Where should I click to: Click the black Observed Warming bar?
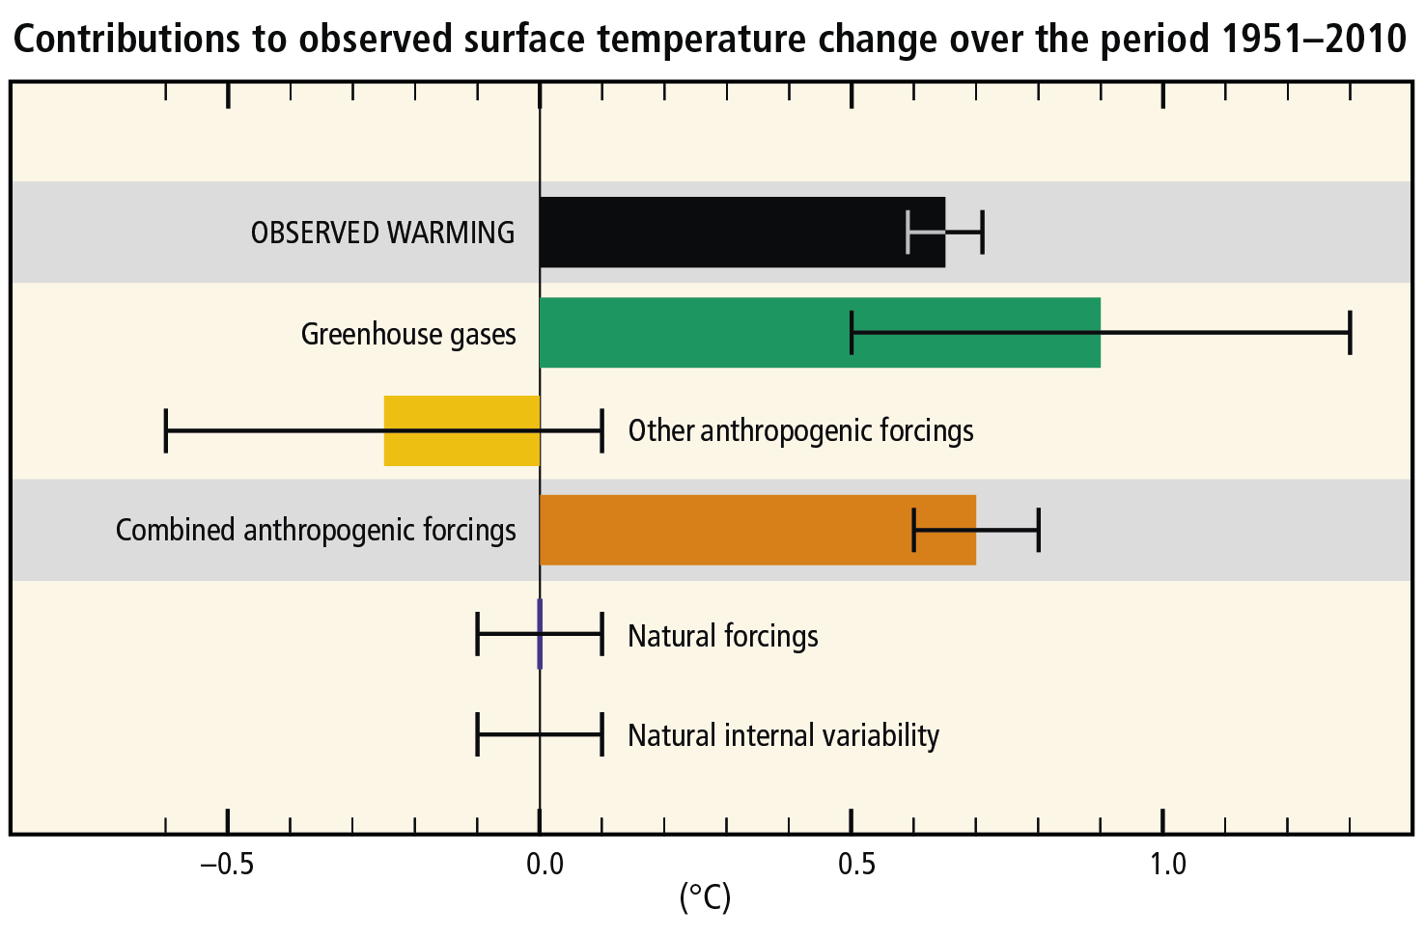734,233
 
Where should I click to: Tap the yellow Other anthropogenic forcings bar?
461,430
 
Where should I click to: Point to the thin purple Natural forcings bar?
540,634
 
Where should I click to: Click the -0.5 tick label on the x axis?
227,864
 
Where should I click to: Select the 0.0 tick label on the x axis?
545,864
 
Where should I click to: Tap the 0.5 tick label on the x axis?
856,864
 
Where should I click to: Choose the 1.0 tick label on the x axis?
1167,864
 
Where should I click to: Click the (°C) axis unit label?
706,897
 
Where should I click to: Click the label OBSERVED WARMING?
382,234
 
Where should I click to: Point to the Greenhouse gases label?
408,334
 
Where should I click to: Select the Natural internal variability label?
783,735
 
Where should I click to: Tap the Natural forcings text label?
722,636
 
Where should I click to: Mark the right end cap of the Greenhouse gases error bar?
1350,333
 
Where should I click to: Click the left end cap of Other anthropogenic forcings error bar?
166,430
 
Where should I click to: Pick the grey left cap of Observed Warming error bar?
908,232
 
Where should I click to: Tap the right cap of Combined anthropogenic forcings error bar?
1039,530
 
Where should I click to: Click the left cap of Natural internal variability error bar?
478,735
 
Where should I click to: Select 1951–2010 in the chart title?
1313,39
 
